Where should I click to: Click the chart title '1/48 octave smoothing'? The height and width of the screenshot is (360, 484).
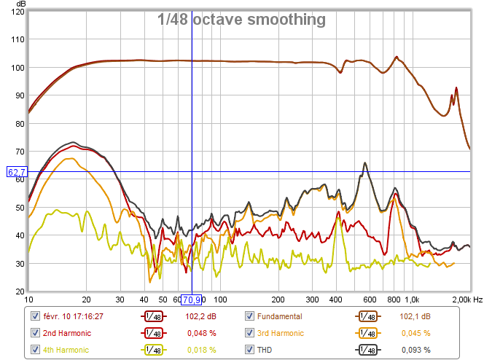click(x=241, y=20)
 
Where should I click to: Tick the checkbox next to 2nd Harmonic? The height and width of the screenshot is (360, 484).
click(x=35, y=333)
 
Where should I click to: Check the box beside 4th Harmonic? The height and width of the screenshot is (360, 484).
click(x=35, y=350)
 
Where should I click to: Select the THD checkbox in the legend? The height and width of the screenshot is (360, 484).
click(x=250, y=350)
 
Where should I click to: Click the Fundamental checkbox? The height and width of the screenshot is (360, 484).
click(x=250, y=316)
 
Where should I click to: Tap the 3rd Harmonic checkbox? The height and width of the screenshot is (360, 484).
click(x=250, y=333)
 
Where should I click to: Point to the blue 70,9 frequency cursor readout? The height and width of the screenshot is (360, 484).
click(x=192, y=300)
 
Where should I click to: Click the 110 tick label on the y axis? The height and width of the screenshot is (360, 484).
click(x=16, y=40)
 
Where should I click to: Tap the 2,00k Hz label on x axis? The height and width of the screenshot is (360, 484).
click(x=465, y=300)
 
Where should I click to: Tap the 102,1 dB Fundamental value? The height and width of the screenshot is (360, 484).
click(x=415, y=316)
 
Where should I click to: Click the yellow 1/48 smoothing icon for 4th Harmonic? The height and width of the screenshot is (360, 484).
click(x=153, y=350)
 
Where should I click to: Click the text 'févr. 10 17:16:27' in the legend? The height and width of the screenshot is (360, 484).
click(x=72, y=316)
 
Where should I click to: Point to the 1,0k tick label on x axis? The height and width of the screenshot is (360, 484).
click(x=412, y=300)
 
